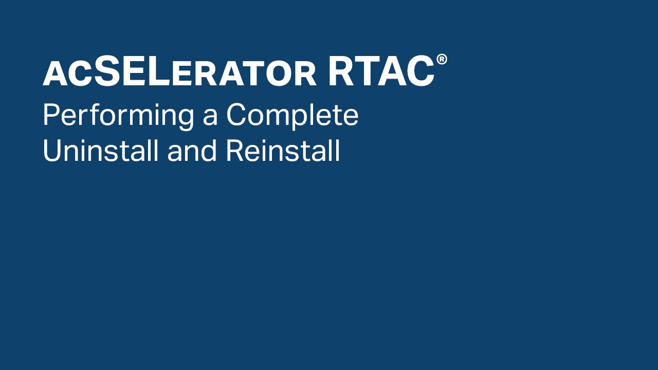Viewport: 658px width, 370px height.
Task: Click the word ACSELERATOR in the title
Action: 180,71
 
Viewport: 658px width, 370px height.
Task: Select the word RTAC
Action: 381,71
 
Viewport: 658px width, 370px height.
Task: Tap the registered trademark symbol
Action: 442,59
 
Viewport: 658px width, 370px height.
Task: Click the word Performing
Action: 118,116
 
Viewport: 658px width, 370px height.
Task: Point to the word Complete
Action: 293,116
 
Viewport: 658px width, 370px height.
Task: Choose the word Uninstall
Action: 101,151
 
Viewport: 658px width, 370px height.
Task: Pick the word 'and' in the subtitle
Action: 192,151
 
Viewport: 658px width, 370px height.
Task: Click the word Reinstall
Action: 283,151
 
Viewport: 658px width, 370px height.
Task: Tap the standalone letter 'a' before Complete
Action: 210,118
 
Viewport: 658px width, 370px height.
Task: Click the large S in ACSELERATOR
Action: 107,71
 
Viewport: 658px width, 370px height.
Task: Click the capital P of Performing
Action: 52,115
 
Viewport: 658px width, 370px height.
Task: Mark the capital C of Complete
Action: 236,115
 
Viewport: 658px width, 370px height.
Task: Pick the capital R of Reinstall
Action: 235,150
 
